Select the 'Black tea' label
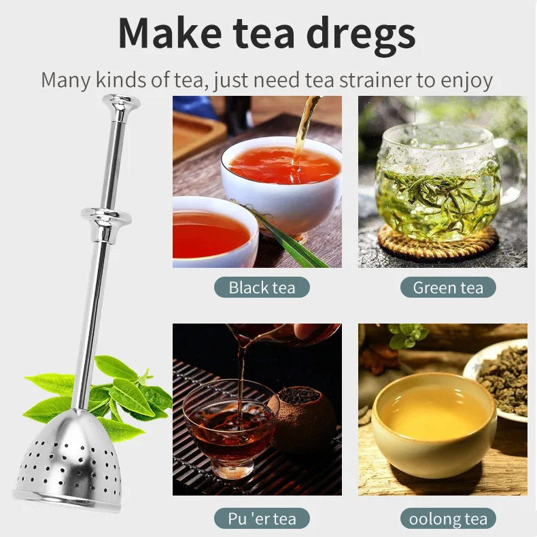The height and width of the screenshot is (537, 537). [262, 287]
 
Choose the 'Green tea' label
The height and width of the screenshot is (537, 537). [448, 287]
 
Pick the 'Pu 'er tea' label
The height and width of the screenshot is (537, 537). [262, 519]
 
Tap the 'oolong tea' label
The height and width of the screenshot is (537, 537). [448, 519]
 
